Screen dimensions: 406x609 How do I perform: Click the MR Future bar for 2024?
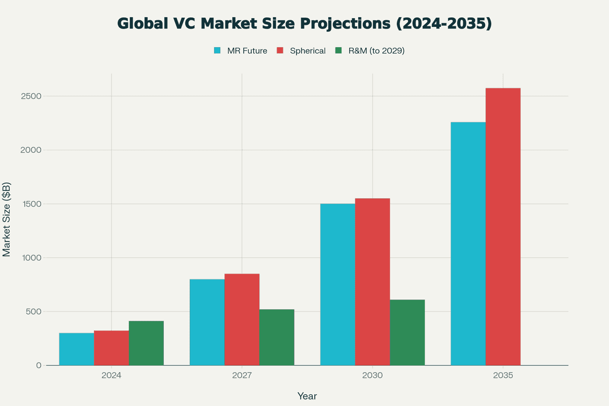pos(77,349)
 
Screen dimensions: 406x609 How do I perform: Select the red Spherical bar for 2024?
pos(111,348)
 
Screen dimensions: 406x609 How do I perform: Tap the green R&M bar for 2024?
pos(146,343)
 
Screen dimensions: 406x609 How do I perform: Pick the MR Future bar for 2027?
pos(207,322)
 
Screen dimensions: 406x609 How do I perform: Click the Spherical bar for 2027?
pos(242,320)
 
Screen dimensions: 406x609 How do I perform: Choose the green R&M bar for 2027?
pos(277,337)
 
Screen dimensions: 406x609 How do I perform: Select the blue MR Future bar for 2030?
pos(337,284)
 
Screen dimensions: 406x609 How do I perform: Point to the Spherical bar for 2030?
pos(373,282)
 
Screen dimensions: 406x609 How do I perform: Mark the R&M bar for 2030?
pos(408,332)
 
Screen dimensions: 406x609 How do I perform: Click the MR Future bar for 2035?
pos(468,244)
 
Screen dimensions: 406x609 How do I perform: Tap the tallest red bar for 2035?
pos(503,227)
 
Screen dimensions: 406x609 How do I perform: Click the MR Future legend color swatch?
pos(217,51)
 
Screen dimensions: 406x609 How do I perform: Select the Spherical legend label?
pos(308,51)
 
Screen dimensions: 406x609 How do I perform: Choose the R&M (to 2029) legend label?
pos(376,51)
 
